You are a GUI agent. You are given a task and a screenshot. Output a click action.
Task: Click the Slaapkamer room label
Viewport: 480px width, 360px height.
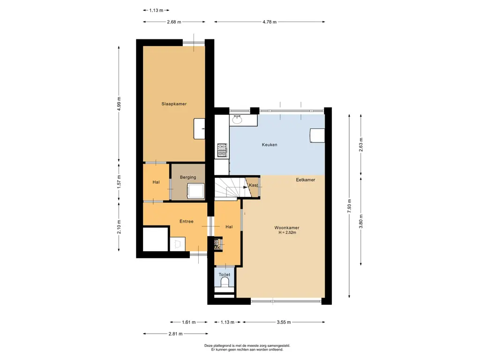(174, 104)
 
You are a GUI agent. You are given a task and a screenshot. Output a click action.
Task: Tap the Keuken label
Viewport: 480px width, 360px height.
(270, 144)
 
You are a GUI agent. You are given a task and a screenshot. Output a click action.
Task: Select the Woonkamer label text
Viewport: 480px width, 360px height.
(287, 227)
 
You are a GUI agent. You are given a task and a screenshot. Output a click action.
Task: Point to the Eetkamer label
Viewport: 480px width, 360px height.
(306, 180)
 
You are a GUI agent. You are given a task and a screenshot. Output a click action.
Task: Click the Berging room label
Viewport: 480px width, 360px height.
(188, 177)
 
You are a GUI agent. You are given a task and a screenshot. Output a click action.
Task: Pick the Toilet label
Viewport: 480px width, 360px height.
(225, 275)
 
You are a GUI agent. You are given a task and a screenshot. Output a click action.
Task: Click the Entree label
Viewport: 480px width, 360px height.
(187, 221)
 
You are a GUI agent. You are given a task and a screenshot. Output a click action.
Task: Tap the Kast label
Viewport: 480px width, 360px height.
(254, 185)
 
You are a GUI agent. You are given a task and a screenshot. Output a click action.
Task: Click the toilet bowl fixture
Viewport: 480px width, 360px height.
(225, 282)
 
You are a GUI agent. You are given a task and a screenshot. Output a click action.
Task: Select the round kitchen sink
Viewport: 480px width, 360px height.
(237, 120)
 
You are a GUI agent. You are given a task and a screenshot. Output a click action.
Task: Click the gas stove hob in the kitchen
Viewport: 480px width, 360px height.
(222, 150)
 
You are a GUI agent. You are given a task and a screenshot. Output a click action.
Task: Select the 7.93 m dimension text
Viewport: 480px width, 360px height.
(349, 206)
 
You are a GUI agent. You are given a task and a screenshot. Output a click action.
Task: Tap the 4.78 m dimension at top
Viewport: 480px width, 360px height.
(270, 22)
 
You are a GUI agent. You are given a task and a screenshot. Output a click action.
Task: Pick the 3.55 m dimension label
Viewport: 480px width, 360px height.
(284, 322)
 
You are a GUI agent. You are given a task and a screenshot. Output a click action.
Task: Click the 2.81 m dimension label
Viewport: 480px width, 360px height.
(175, 334)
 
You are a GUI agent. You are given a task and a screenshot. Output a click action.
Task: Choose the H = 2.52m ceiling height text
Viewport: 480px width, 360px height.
(287, 232)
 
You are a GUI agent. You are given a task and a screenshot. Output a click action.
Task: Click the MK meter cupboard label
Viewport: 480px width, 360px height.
(217, 247)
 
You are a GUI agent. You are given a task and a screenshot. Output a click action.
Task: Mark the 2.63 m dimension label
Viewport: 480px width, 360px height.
(361, 145)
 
